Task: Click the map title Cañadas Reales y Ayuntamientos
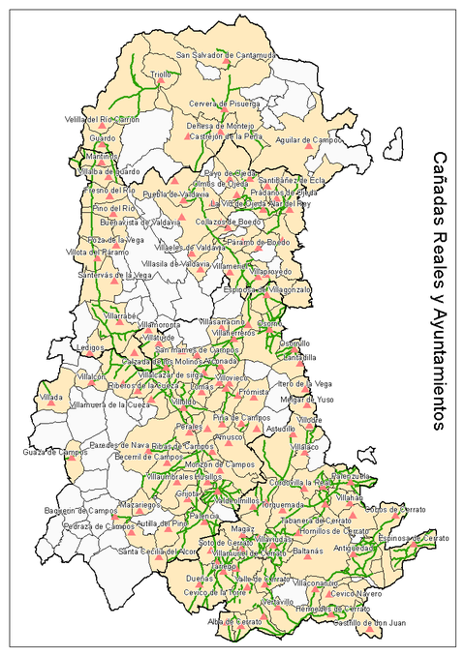pos(440,290)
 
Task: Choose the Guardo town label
pos(102,137)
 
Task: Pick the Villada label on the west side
pos(52,397)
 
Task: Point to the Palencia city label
pos(203,517)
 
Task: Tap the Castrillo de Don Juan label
pos(367,622)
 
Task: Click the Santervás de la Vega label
pos(116,275)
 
